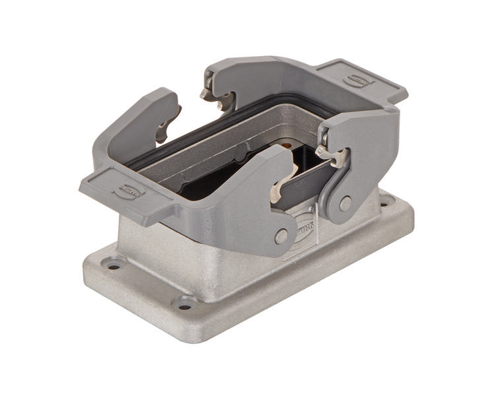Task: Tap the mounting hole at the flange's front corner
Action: (x=185, y=306)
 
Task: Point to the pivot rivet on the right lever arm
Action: (x=345, y=203)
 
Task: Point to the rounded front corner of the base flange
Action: (x=198, y=333)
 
